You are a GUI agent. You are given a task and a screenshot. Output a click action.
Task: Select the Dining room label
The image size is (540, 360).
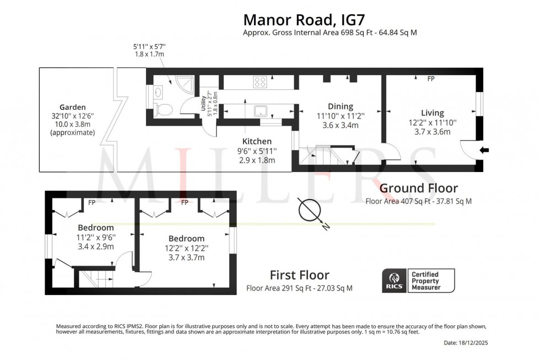[x=339, y=106]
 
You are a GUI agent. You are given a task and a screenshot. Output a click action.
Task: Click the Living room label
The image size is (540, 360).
[x=432, y=112]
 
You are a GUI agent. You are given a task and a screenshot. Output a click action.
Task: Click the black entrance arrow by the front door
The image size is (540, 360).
[x=484, y=150]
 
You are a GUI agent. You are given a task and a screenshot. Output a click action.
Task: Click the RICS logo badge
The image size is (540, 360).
[x=394, y=281]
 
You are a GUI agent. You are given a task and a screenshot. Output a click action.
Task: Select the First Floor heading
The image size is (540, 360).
[x=299, y=275]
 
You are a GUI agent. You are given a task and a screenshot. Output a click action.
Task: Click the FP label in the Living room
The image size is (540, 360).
[x=431, y=79]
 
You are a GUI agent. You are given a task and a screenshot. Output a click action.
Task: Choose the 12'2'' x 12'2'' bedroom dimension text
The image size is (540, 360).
[x=186, y=248]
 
